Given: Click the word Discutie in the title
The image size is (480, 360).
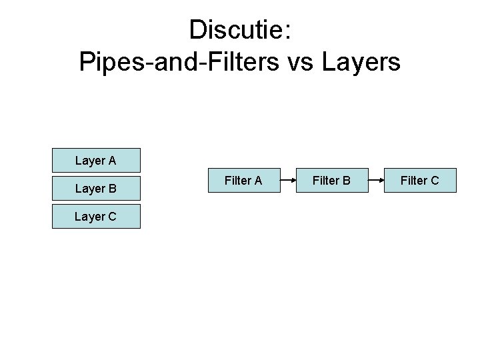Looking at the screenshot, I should tap(235, 29).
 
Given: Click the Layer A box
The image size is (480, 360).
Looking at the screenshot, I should tap(97, 161).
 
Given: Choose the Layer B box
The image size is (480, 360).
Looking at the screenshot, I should tap(97, 188).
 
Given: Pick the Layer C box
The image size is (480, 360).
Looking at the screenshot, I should tap(97, 216).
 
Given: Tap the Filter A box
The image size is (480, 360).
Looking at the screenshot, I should tap(243, 180).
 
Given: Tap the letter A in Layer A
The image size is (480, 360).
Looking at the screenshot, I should tap(112, 161).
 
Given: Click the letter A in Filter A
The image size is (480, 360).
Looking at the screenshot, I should tap(257, 180).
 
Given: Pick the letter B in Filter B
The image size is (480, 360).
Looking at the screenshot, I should tap(347, 180).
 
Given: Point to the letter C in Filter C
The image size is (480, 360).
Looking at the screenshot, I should tap(435, 180).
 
